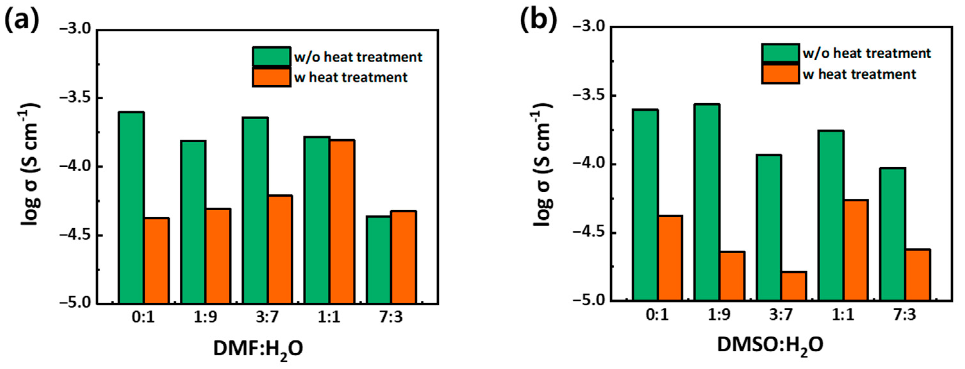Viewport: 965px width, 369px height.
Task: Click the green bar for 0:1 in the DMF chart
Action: pos(131,208)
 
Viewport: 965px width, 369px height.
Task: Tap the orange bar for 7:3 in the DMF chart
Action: pos(403,257)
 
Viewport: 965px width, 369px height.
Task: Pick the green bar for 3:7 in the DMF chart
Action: pos(255,211)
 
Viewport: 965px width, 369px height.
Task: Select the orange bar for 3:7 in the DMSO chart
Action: pos(794,286)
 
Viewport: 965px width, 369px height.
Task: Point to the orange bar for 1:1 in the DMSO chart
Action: pos(855,250)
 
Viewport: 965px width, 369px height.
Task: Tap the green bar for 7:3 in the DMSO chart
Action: pos(893,234)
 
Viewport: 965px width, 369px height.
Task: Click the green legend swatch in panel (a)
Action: pos(271,56)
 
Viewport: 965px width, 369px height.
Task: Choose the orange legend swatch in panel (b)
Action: pos(780,74)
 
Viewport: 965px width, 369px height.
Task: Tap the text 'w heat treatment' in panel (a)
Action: pos(351,78)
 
